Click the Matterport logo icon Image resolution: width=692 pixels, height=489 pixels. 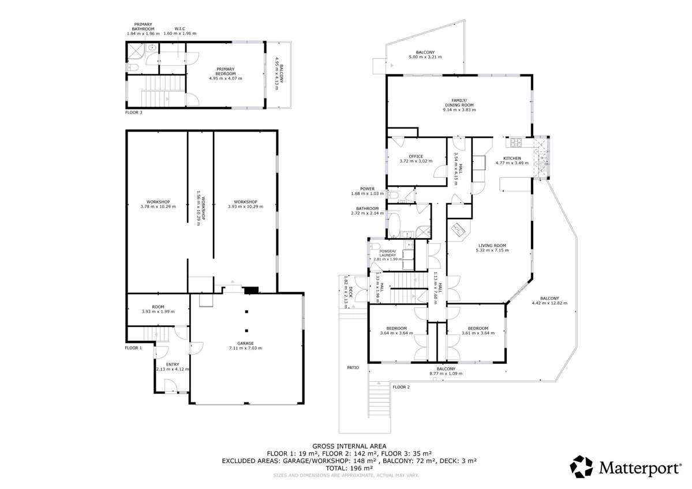pyautogui.click(x=581, y=466)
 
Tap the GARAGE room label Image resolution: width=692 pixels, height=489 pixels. pyautogui.click(x=246, y=343)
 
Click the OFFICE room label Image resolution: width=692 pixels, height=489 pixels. pyautogui.click(x=416, y=156)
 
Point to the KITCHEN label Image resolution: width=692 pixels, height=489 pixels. pyautogui.click(x=512, y=158)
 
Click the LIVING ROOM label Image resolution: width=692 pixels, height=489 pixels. pyautogui.click(x=492, y=245)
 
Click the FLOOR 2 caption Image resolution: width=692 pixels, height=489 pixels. pyautogui.click(x=401, y=387)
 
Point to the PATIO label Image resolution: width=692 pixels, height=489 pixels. pyautogui.click(x=353, y=367)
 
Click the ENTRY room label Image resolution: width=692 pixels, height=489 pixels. pyautogui.click(x=173, y=364)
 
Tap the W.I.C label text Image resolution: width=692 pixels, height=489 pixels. pyautogui.click(x=180, y=28)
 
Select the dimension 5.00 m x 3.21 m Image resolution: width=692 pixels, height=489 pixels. pyautogui.click(x=425, y=57)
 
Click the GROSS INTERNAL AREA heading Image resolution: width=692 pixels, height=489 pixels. pyautogui.click(x=349, y=446)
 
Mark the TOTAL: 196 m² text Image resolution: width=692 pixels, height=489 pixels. pyautogui.click(x=349, y=468)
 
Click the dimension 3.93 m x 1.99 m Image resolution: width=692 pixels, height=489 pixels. pyautogui.click(x=158, y=311)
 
